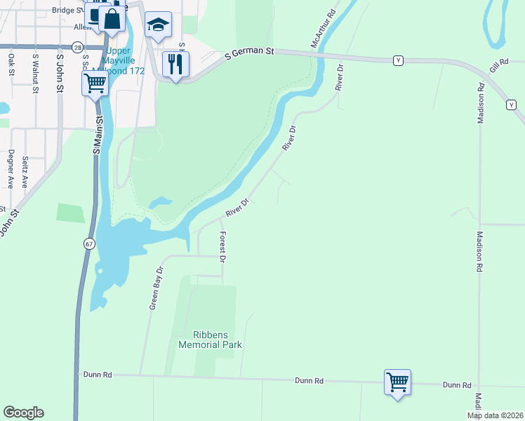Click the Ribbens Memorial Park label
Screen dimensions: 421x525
coord(210,340)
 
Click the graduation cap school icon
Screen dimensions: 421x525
coord(158,26)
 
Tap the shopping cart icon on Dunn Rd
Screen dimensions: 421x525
coord(397,382)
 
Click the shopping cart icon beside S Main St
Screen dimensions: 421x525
coord(95,83)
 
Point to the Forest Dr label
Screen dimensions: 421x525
coord(222,247)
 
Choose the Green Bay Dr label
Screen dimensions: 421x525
coord(156,287)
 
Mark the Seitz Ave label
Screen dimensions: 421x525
coord(25,172)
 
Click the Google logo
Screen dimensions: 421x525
coord(23,413)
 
